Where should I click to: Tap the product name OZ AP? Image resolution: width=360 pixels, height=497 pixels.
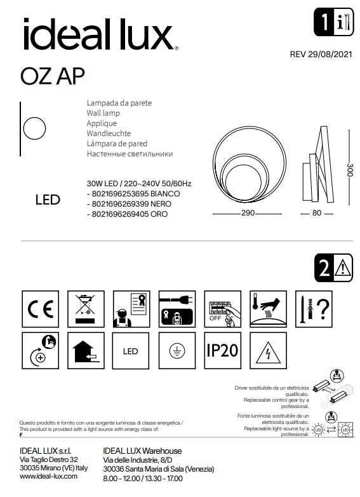coord(52,76)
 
